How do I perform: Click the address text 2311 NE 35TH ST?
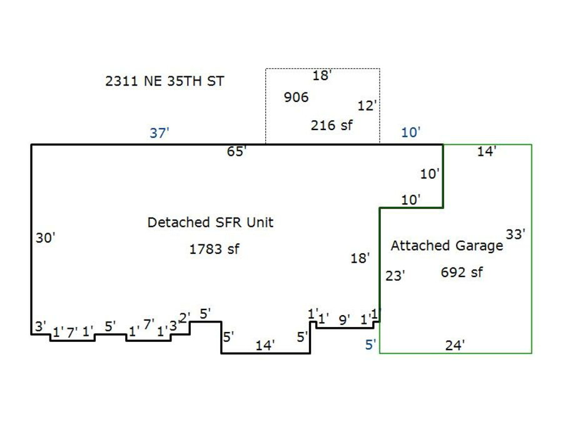165,81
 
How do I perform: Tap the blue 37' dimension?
160,133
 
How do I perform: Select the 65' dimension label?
237,151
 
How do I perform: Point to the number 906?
296,98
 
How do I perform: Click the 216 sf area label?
332,125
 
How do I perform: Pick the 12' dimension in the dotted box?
367,106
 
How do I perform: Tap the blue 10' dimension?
411,133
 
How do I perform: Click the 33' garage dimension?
515,234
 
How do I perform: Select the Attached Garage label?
447,246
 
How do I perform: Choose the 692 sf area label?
462,273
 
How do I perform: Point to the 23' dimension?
395,275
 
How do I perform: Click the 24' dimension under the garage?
455,345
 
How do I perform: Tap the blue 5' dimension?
371,344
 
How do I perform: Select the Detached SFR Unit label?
210,223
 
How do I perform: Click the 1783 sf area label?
214,249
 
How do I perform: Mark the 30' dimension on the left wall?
46,238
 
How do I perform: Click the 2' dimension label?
185,317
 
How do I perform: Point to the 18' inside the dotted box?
322,76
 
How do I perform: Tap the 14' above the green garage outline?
487,151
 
